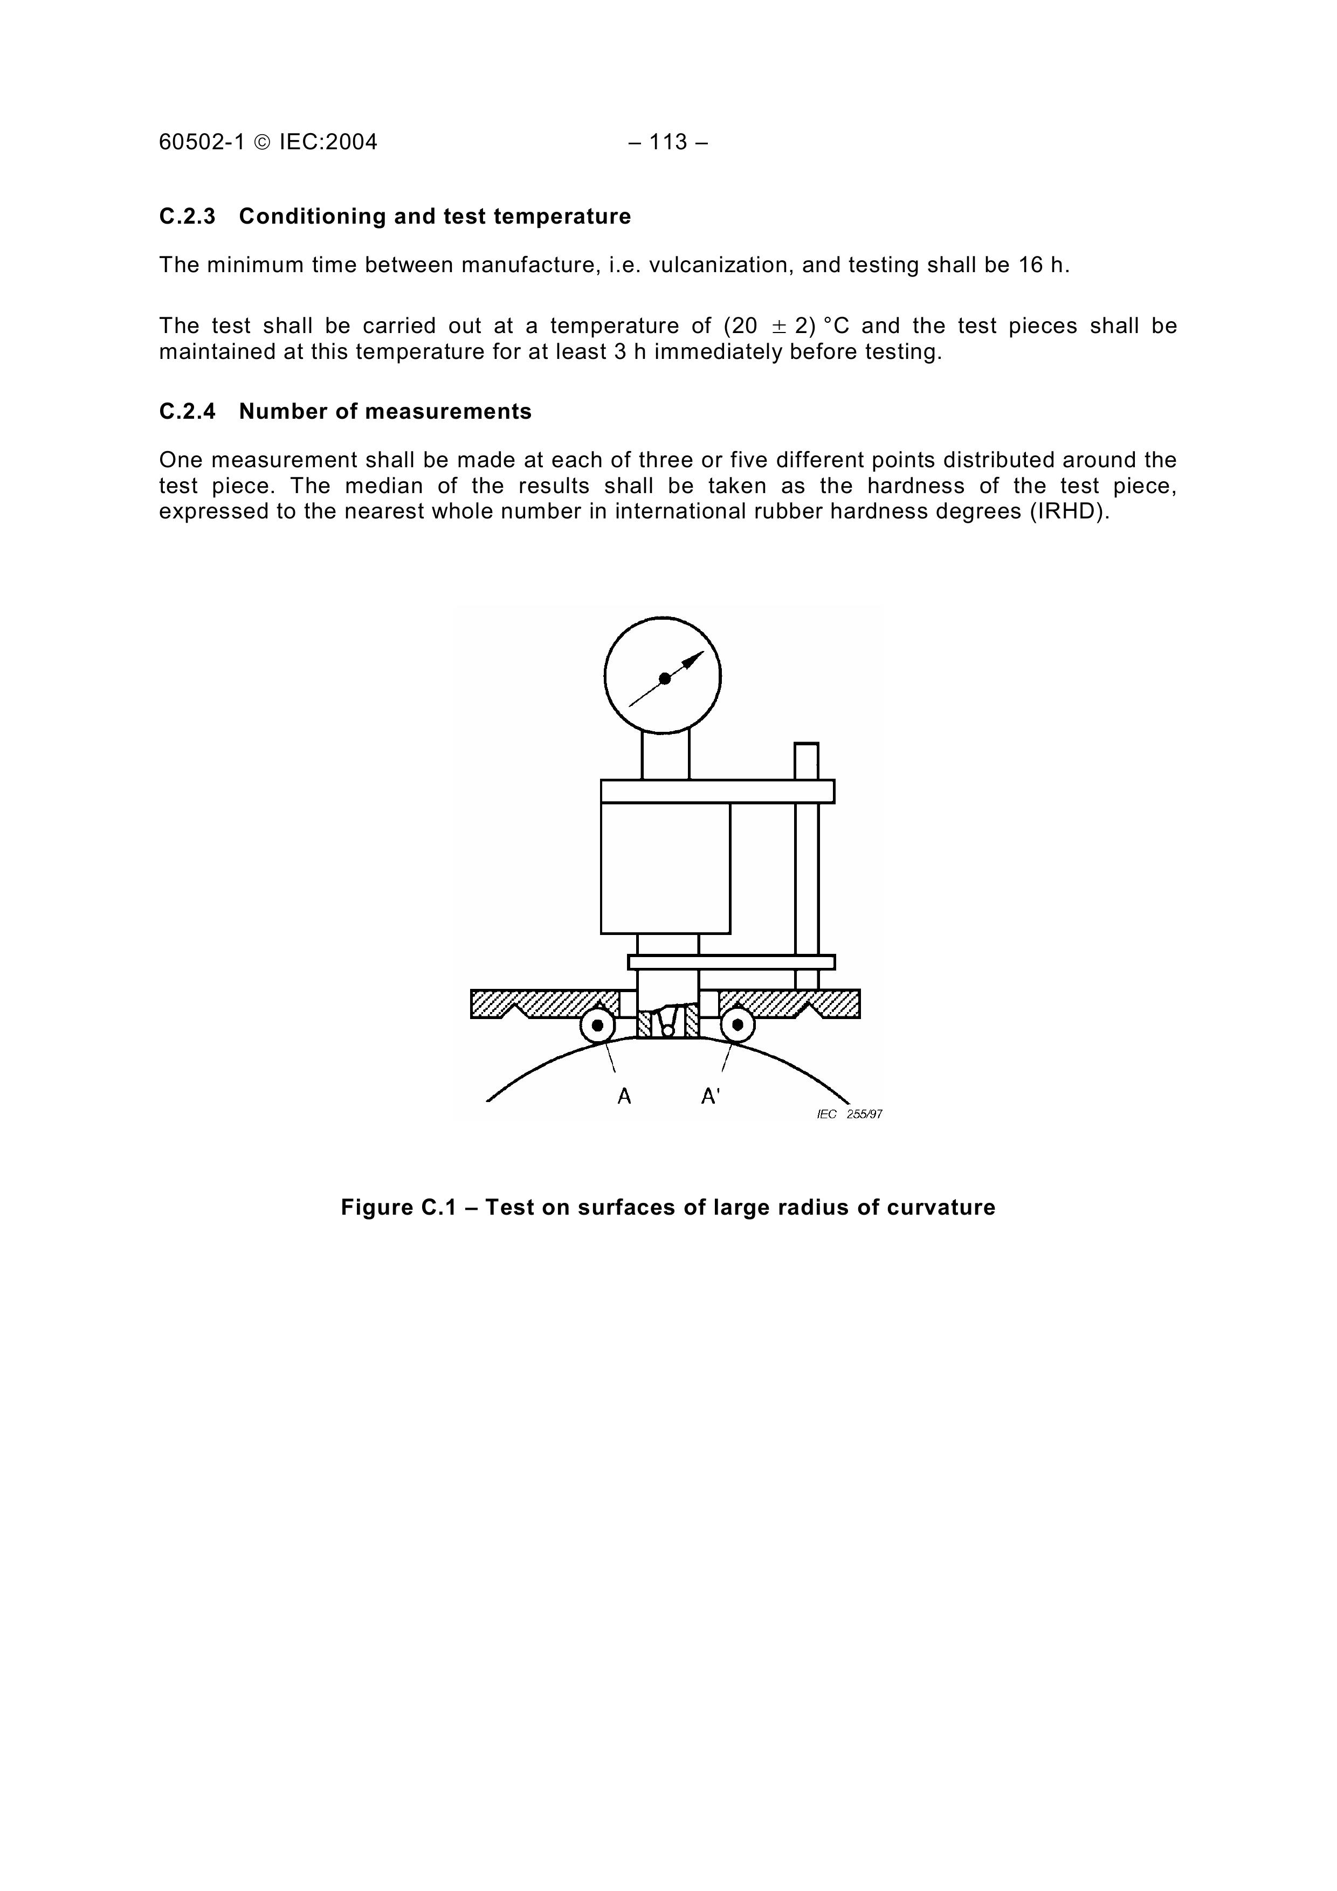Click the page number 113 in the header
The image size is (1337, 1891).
668,142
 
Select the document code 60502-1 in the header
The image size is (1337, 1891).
202,142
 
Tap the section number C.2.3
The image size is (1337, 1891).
187,217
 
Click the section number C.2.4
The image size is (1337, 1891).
187,412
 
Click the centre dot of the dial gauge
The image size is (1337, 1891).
665,678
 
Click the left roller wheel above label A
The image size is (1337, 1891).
597,1026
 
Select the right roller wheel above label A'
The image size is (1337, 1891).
738,1026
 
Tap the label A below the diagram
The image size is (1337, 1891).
624,1096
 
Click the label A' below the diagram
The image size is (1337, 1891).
710,1096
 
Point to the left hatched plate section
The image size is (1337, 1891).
544,1002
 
